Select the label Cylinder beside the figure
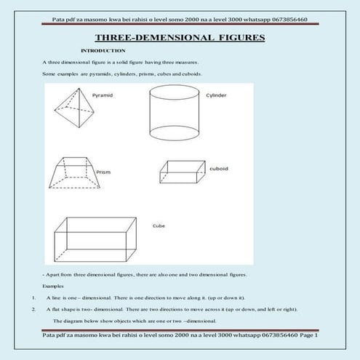[x=217, y=95]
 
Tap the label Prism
[x=103, y=172]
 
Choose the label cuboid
[x=219, y=168]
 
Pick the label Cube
[x=159, y=225]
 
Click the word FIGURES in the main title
[x=239, y=37]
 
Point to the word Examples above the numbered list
[x=52, y=287]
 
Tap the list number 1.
[x=34, y=297]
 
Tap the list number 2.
[x=34, y=309]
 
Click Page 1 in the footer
[x=308, y=335]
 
